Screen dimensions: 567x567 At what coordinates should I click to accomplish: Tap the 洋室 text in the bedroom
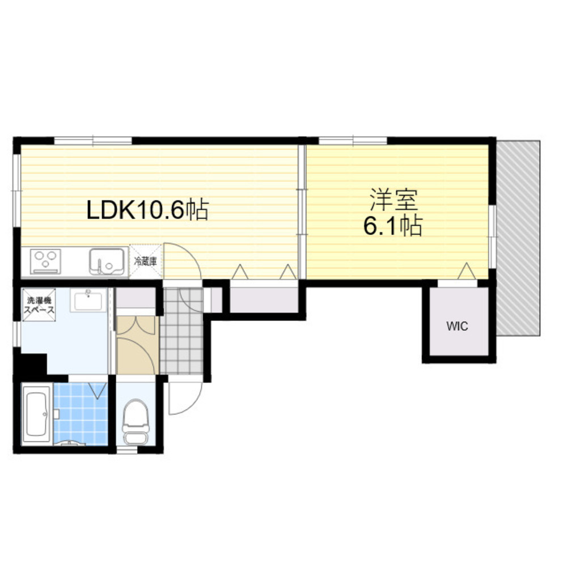pos(394,200)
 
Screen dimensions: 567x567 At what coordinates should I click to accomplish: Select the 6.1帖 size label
pos(393,226)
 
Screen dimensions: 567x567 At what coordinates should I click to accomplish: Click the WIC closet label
pos(457,326)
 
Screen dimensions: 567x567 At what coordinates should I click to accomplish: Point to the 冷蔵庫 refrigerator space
pos(145,261)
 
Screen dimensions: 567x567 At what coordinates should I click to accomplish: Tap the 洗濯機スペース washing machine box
pos(39,304)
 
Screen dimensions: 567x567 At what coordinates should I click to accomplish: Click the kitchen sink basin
pos(107,261)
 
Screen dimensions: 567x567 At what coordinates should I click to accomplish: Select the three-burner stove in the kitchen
pos(45,261)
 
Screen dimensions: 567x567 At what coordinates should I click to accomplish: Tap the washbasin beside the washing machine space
pos(88,300)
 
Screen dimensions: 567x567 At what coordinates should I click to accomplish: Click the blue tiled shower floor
pos(81,413)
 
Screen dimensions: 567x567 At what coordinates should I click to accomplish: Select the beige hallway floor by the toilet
pos(137,345)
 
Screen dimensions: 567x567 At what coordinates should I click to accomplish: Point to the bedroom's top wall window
pos(353,141)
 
